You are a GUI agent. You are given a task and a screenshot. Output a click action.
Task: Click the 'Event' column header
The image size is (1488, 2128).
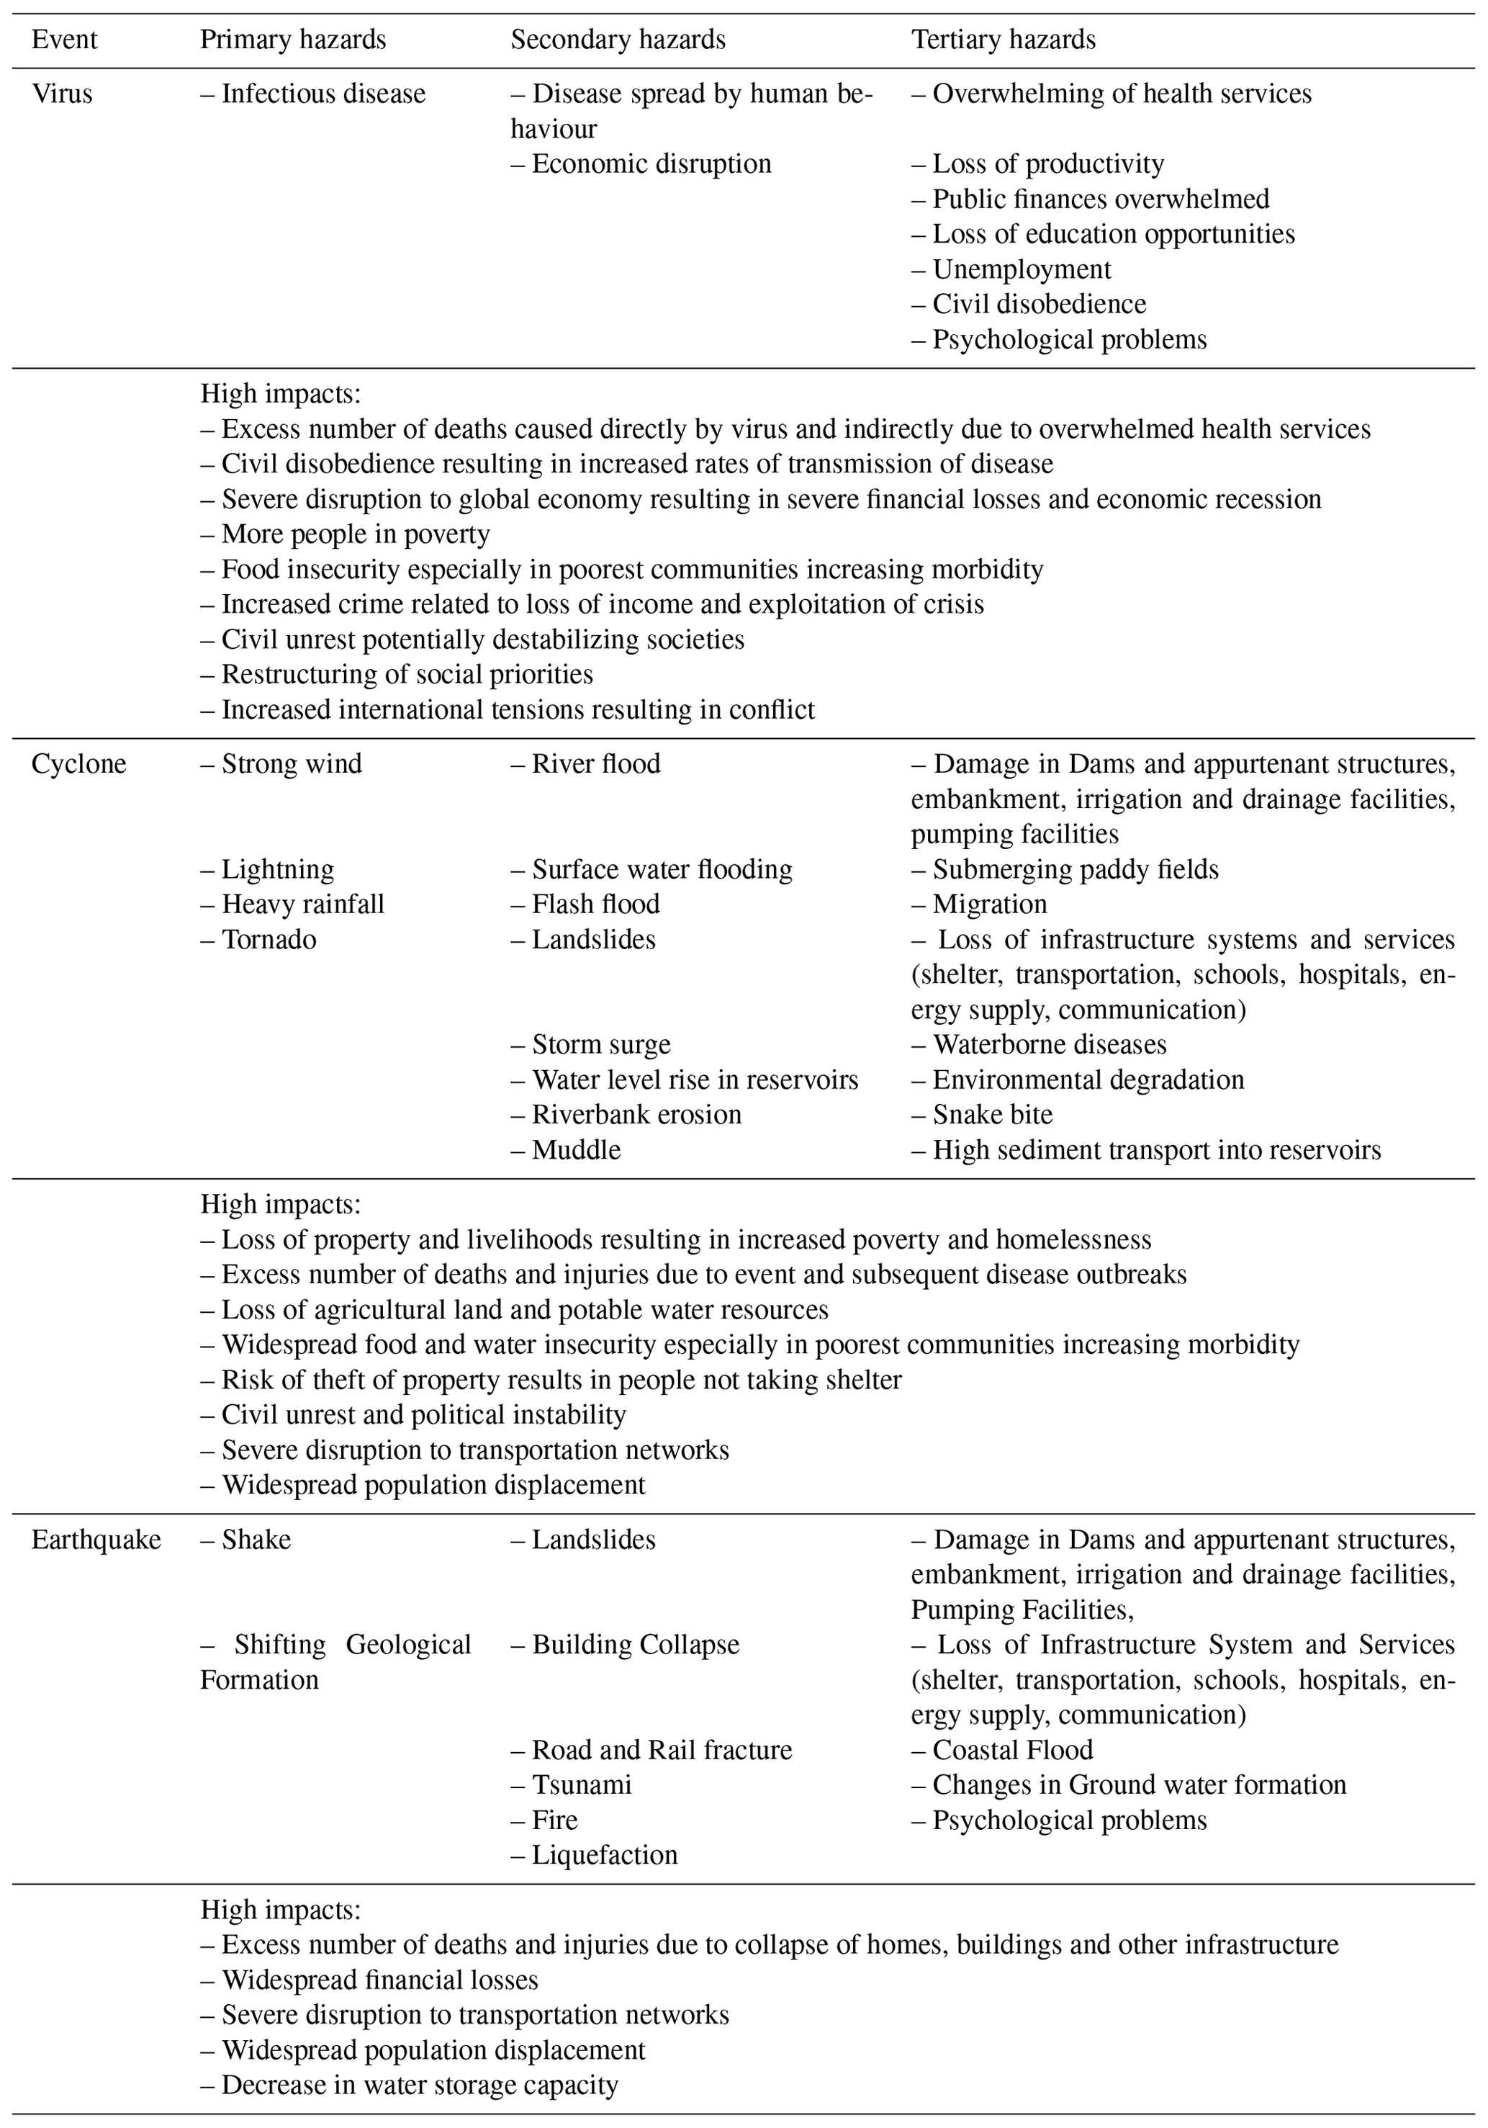click(x=64, y=40)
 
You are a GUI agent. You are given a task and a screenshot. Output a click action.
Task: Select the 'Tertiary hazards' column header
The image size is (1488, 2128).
click(x=1004, y=40)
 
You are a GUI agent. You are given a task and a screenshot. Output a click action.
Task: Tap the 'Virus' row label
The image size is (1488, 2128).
click(x=62, y=94)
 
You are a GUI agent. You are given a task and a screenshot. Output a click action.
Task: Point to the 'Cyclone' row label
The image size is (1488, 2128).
click(x=78, y=764)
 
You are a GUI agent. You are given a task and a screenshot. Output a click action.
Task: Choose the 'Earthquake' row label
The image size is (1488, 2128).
click(x=96, y=1540)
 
